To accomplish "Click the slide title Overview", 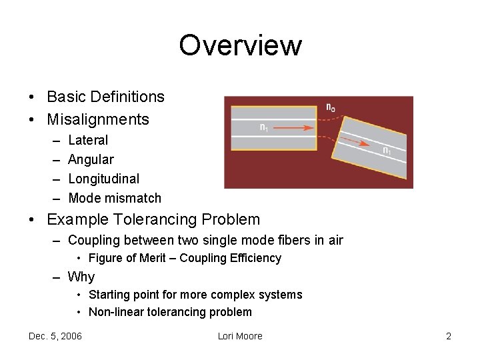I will click(240, 45).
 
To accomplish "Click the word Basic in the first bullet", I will click(65, 97).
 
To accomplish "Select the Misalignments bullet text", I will click(98, 120).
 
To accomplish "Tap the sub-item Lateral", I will click(88, 141).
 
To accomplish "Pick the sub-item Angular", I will click(91, 160).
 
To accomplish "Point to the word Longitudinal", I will click(103, 179).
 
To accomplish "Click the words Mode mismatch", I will click(115, 198).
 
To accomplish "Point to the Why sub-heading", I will click(81, 277).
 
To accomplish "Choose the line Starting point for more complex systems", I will click(195, 295).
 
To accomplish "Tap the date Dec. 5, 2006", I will click(55, 336).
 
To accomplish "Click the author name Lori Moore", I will click(240, 336).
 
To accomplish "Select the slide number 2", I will click(449, 336).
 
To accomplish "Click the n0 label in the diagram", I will click(331, 107).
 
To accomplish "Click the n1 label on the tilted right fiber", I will click(387, 152).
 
